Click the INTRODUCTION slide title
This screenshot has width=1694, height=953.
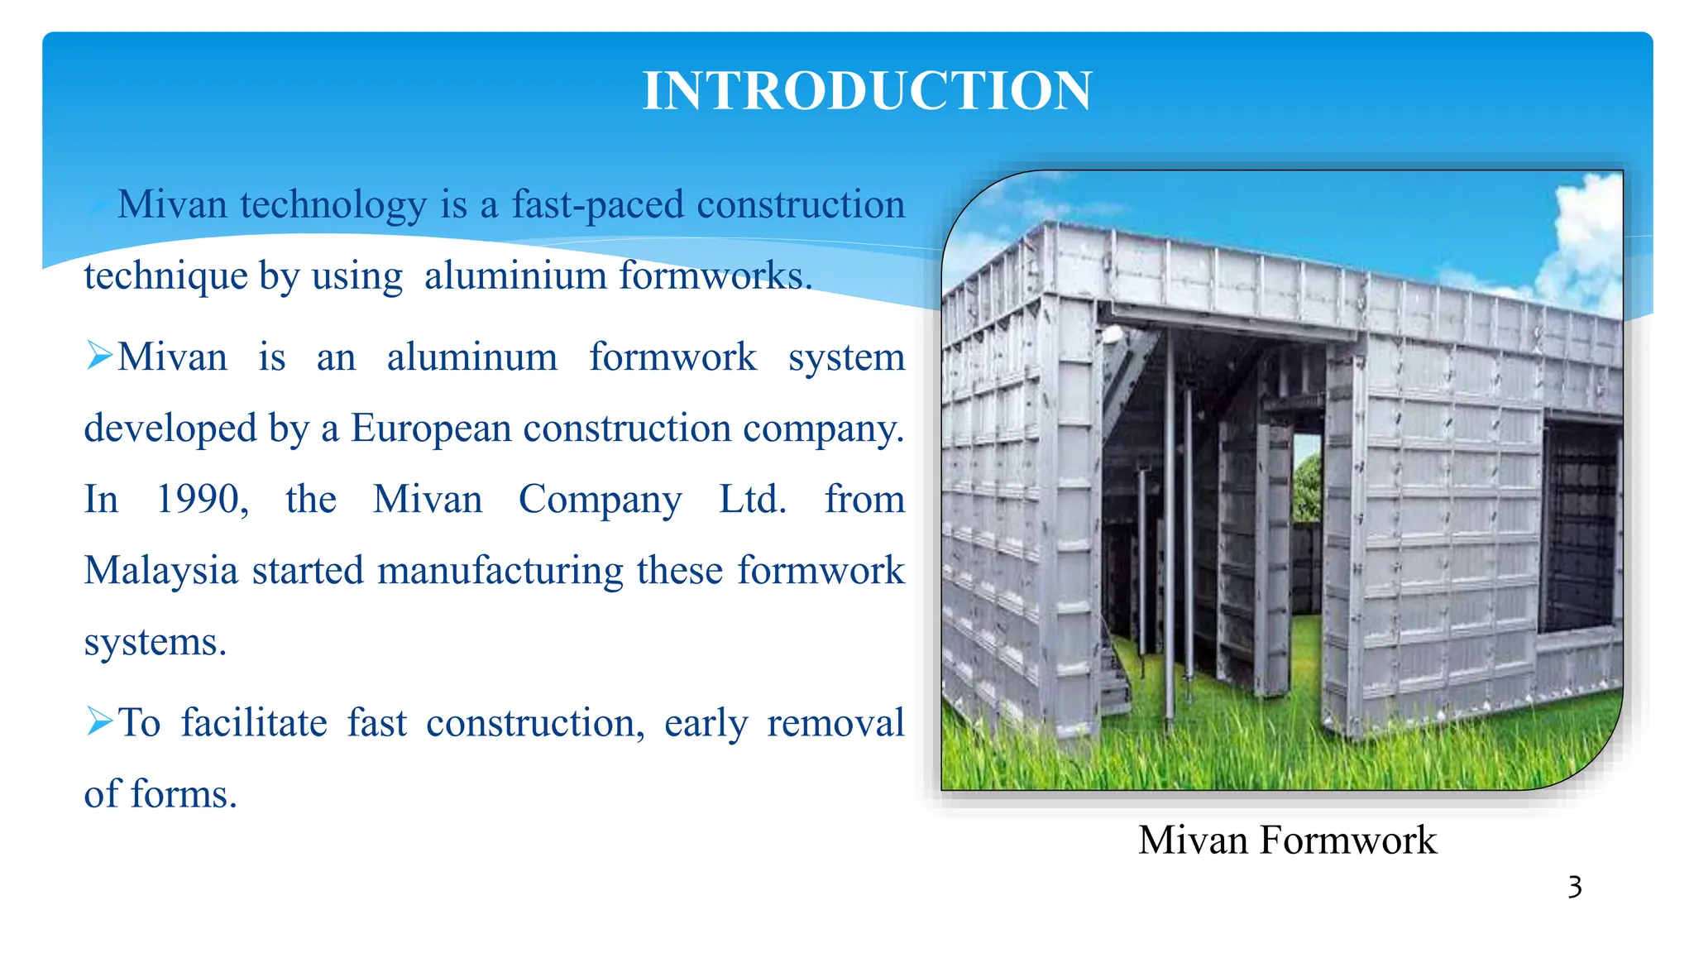[x=867, y=91]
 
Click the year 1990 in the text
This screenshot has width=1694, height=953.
[x=202, y=500]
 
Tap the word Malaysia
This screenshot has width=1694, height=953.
[x=161, y=571]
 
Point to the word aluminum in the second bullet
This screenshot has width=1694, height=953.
[x=472, y=357]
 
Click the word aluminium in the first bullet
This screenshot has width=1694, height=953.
[x=515, y=276]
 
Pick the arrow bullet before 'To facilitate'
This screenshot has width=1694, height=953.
[x=98, y=721]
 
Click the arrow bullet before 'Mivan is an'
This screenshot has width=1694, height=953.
[x=98, y=356]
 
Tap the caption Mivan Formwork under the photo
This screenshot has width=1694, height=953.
[x=1287, y=840]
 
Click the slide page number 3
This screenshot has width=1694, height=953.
[x=1574, y=888]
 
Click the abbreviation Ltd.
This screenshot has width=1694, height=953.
[x=752, y=500]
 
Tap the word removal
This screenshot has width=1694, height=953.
[x=835, y=723]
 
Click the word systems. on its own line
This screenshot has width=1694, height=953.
[x=155, y=642]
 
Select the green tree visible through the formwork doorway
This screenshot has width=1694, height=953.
[x=1307, y=488]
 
